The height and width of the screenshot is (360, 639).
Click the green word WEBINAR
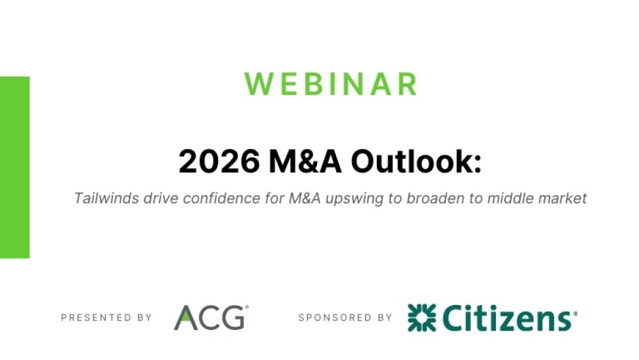point(331,84)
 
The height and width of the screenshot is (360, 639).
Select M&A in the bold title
point(306,162)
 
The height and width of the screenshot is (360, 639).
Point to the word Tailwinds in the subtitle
point(101,198)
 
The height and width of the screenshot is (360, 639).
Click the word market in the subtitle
point(564,198)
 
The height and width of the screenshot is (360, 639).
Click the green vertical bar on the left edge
point(15,167)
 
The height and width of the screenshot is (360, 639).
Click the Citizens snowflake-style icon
point(421,318)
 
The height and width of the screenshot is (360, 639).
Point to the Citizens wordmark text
point(508,318)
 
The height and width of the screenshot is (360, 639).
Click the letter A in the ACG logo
point(186,318)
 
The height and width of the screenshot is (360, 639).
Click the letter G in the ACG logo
point(233,318)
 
